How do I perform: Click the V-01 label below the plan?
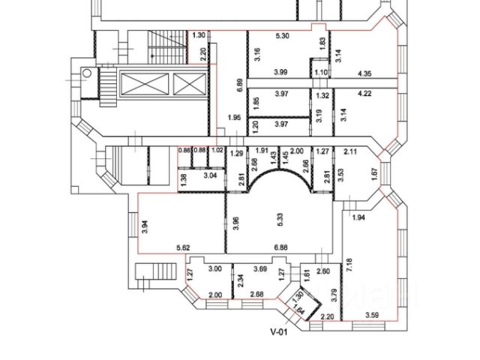280,330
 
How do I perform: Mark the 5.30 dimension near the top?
283,35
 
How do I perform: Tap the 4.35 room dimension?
366,73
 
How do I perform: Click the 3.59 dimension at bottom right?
373,315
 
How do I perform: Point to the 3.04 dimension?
212,175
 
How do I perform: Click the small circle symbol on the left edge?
85,73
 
